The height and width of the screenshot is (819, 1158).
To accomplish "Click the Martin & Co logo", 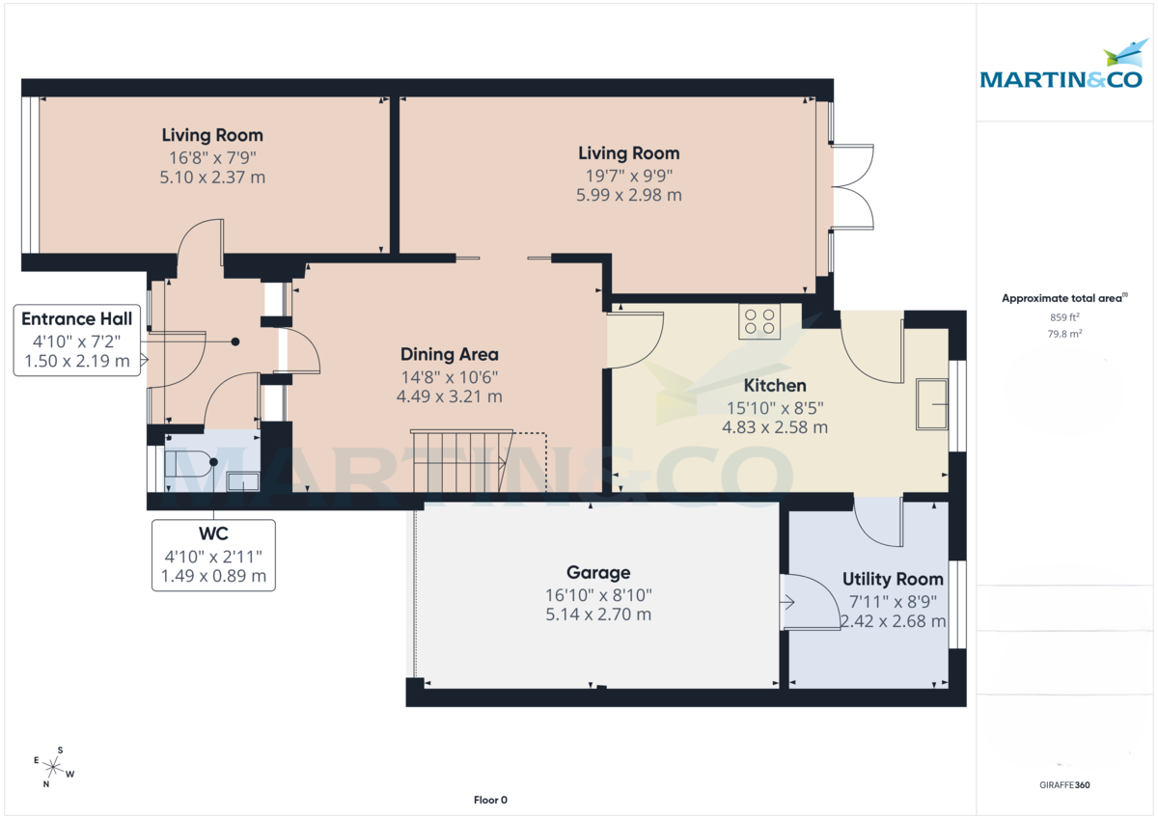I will point(1061,68).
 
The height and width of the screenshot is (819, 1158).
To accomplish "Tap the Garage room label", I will point(598,572).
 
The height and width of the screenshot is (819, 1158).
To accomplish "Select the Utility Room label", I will point(893,579).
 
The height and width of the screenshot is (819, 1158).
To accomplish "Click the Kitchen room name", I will point(774,386).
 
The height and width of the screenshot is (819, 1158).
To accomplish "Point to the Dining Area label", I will point(450,354).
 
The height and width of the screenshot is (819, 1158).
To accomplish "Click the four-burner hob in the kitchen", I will point(759,320).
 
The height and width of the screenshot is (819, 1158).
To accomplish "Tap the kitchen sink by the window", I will point(931,403).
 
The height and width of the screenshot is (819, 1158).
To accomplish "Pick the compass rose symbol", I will point(52,768).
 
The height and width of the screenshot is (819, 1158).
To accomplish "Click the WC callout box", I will point(213,555).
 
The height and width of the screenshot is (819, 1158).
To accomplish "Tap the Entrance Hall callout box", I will point(77,341).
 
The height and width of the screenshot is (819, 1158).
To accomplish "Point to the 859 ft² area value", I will point(1065,316).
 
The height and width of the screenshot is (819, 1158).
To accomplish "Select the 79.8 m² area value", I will point(1065,333).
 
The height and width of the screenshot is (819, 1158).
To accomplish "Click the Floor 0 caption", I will point(490,800).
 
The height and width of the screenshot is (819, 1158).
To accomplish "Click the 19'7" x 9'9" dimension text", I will point(628,175).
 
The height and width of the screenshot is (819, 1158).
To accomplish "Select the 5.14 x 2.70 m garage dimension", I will point(598,614).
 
